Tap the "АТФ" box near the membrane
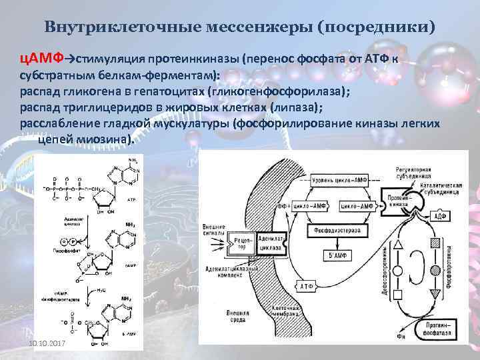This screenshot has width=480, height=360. pyautogui.click(x=306, y=286)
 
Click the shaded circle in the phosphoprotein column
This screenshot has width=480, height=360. pyautogui.click(x=437, y=271)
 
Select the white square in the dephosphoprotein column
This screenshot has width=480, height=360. pyautogui.click(x=398, y=294)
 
